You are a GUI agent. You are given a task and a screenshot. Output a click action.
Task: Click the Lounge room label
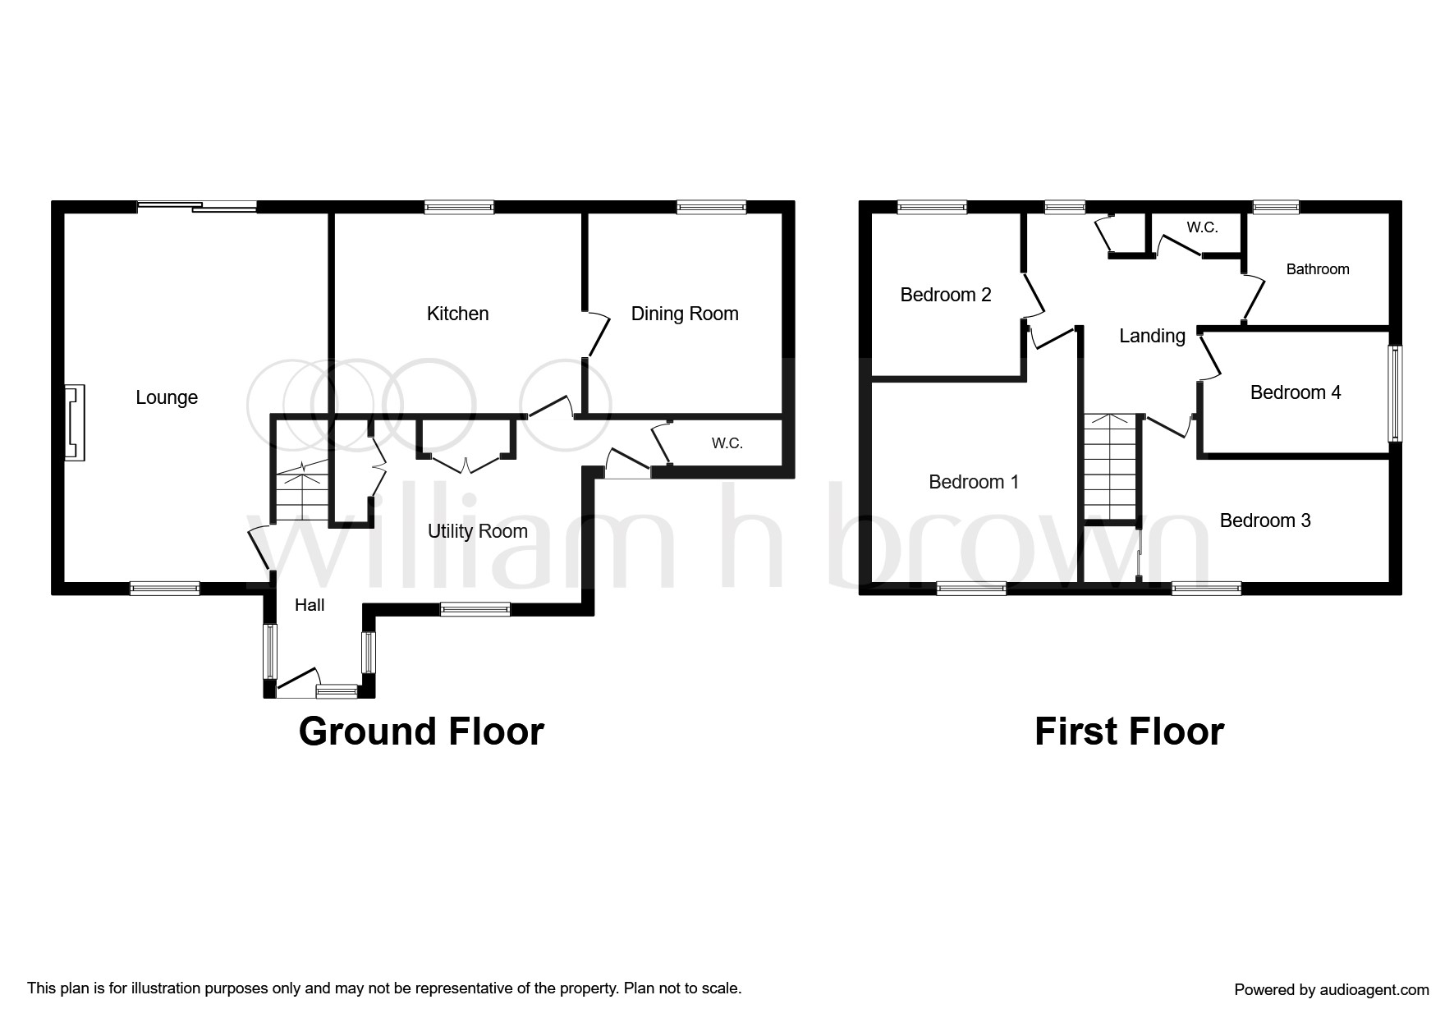tap(167, 397)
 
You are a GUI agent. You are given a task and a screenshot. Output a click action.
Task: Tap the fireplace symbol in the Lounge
tap(75, 423)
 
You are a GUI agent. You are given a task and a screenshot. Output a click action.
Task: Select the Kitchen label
tap(457, 314)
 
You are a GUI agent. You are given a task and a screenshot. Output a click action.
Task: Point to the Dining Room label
tap(685, 314)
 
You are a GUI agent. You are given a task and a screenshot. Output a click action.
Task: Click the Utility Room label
tap(478, 531)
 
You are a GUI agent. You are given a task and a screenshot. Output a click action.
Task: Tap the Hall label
tap(310, 605)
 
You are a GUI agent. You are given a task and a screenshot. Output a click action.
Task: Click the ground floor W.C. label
tap(727, 443)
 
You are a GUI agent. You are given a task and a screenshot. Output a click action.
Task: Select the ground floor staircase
tap(300, 491)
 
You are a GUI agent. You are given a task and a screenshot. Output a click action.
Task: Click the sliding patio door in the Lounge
tap(197, 207)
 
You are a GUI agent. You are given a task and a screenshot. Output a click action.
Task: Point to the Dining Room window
tap(712, 207)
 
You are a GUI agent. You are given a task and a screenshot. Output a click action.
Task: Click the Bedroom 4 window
tap(1395, 393)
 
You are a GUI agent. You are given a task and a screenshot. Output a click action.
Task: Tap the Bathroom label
tap(1318, 269)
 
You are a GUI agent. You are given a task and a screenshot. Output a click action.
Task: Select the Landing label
tap(1152, 336)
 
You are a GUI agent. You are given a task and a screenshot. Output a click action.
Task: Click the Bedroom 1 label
tap(974, 482)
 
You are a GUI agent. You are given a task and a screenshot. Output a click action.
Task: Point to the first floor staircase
tap(1112, 467)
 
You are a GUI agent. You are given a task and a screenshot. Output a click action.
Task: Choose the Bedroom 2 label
tap(946, 295)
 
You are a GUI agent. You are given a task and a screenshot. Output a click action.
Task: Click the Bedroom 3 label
tap(1265, 520)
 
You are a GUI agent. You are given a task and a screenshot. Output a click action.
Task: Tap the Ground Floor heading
tap(421, 731)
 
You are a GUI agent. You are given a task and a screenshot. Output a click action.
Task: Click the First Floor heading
tap(1129, 731)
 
